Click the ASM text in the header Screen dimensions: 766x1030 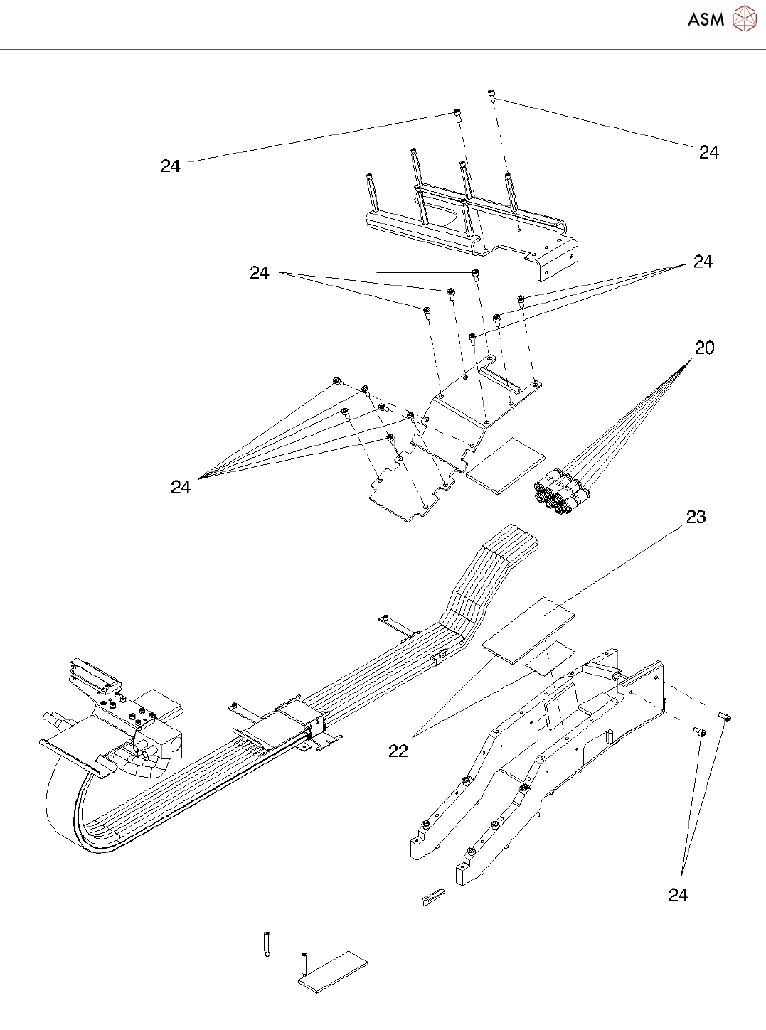point(706,19)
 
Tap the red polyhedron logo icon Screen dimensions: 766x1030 point(744,19)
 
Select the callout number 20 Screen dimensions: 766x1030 point(704,348)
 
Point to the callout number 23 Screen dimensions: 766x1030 point(696,517)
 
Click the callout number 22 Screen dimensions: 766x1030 point(398,751)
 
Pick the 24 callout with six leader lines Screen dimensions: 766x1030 point(181,487)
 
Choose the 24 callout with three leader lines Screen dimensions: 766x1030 point(260,272)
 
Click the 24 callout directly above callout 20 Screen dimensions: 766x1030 point(703,262)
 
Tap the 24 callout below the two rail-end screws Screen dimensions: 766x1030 point(678,895)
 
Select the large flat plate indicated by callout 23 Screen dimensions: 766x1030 point(528,631)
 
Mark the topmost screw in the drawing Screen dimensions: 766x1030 point(491,95)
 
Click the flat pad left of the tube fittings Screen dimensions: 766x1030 point(505,464)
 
